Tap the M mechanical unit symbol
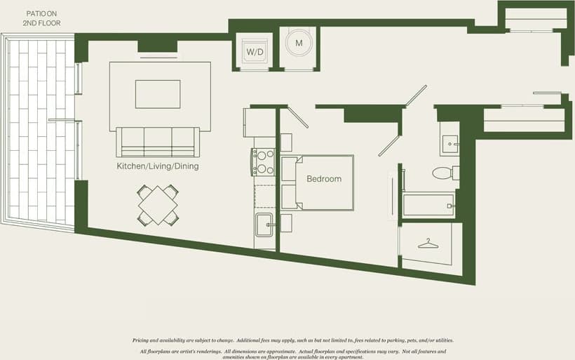pyautogui.click(x=299, y=44)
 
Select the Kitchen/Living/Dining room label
pyautogui.click(x=158, y=166)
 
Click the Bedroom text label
pyautogui.click(x=324, y=179)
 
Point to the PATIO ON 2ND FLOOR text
pyautogui.click(x=42, y=18)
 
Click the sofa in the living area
pyautogui.click(x=158, y=142)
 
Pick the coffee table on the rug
pyautogui.click(x=158, y=94)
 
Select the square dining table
pyautogui.click(x=158, y=205)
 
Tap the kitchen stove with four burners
pyautogui.click(x=264, y=162)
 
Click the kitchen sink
pyautogui.click(x=264, y=226)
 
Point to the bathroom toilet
pyautogui.click(x=444, y=173)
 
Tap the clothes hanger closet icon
pyautogui.click(x=428, y=244)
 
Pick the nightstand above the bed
pyautogui.click(x=286, y=142)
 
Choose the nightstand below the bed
pyautogui.click(x=286, y=223)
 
